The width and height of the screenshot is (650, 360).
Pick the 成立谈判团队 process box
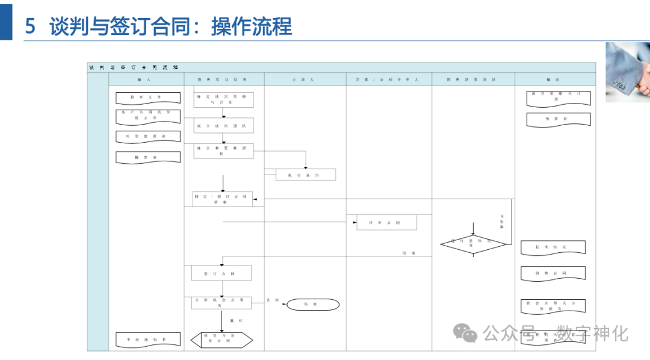click(x=223, y=125)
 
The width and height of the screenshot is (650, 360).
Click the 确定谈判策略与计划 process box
click(x=223, y=99)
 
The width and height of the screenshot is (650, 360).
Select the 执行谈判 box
click(x=306, y=175)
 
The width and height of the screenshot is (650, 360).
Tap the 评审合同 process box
click(x=386, y=223)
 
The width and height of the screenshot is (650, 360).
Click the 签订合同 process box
click(x=221, y=273)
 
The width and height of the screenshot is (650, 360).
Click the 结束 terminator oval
click(x=312, y=305)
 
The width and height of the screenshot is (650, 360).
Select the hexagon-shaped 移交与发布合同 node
click(x=221, y=340)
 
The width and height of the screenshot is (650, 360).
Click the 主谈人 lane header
click(x=305, y=79)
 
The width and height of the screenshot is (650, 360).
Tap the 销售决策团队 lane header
click(x=473, y=79)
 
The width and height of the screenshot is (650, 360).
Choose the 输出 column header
click(x=555, y=79)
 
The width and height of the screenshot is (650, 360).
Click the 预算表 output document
click(x=558, y=119)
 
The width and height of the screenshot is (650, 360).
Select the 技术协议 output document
click(x=552, y=247)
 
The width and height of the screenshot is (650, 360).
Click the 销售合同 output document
click(x=552, y=273)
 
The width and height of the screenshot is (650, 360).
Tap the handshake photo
click(x=628, y=72)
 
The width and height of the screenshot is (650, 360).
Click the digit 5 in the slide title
click(x=31, y=26)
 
